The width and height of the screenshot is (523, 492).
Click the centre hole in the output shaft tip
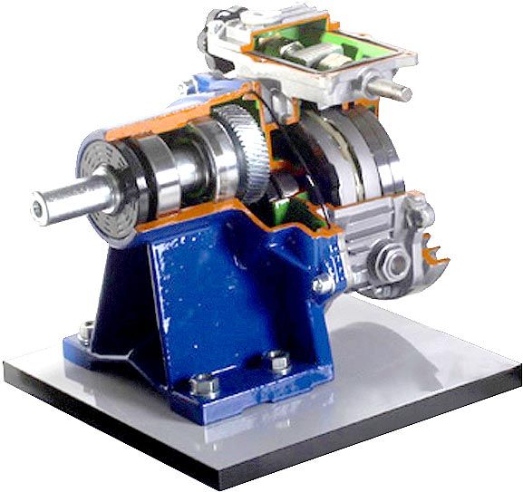[37, 209]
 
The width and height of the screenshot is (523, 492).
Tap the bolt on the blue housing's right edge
[322, 285]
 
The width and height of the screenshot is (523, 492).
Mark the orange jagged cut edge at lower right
[435, 263]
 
